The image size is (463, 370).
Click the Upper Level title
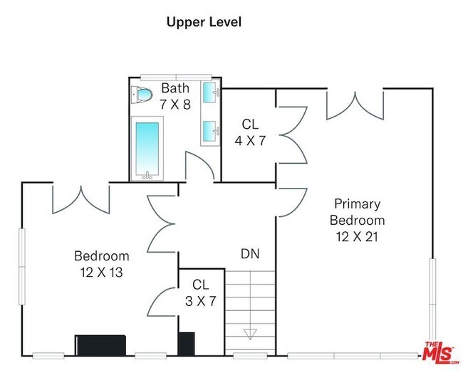coord(204,23)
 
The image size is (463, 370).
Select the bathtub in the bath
coord(147,149)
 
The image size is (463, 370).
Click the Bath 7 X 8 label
coord(175,96)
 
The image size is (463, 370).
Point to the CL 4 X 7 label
coord(250,132)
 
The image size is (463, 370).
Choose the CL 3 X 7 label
coord(200,293)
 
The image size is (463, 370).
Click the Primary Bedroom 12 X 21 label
coord(357,220)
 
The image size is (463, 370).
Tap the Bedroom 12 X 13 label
coord(102,264)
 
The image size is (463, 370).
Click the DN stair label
coord(250,254)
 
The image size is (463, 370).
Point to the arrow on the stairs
coord(250,334)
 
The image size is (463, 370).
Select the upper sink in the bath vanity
coord(211,92)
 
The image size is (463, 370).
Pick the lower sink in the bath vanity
coord(211,130)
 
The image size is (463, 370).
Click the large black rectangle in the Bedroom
coord(100,345)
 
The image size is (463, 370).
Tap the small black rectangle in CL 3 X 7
coord(187,344)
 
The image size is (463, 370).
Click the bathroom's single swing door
coord(199,166)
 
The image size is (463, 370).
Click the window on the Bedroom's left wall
coord(22,266)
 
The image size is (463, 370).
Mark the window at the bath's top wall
coord(176,78)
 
